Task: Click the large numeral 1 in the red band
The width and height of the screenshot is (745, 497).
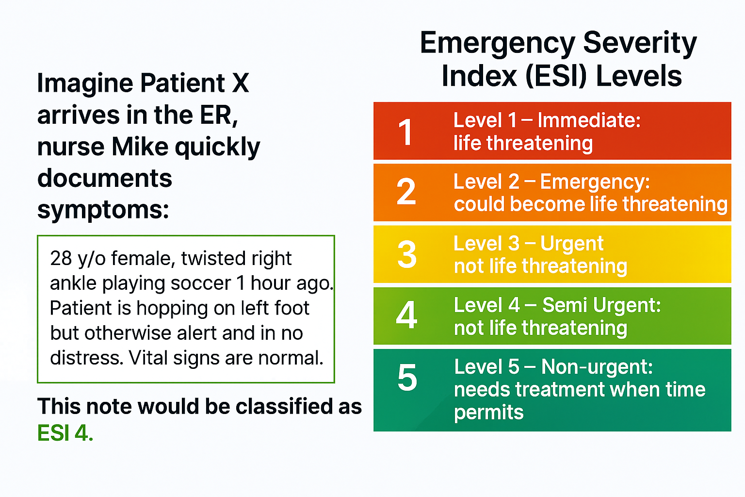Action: point(405,132)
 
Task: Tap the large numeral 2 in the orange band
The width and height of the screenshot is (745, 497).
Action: point(406,192)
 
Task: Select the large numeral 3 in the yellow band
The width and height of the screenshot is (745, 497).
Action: point(407,254)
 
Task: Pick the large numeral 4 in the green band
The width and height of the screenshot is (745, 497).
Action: point(406,315)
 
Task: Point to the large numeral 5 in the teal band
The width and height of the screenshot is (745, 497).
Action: point(407,378)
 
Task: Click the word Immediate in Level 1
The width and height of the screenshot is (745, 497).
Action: point(589,120)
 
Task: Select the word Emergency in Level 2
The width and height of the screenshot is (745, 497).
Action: point(595,182)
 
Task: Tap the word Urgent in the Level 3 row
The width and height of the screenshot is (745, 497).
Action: point(572,244)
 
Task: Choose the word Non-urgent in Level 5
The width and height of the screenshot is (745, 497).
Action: point(597,367)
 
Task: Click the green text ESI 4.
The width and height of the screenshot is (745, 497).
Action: point(65,433)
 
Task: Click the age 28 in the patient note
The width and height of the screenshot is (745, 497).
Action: point(61,259)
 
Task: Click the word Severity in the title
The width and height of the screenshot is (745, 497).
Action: point(640,43)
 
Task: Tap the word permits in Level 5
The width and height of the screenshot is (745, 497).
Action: point(488,413)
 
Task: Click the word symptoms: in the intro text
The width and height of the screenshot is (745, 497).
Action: point(103,210)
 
